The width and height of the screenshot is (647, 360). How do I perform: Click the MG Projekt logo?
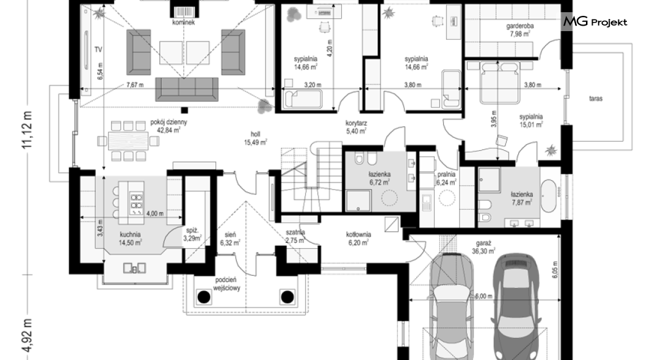coord(595,21)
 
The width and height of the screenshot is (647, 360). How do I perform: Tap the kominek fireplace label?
coord(184,22)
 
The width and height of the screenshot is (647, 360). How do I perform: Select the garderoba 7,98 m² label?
coord(520,30)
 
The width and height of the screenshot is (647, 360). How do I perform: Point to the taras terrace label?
coord(595,99)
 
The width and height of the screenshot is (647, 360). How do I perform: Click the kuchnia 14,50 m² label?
coord(131,239)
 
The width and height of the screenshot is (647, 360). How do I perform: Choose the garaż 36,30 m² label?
coord(483,247)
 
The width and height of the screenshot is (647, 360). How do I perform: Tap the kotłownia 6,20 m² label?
coord(358,239)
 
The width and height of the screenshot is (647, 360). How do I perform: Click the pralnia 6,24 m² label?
coord(446,178)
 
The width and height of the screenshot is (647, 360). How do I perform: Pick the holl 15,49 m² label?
coord(255,138)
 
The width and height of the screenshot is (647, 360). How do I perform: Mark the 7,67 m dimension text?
coord(135,85)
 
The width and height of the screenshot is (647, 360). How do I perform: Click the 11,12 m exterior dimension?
coord(27,129)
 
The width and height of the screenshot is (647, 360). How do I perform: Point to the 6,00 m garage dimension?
coord(483,296)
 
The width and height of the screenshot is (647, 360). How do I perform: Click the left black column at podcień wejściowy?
coord(203,297)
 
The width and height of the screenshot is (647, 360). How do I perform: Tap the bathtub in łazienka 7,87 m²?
coord(549,195)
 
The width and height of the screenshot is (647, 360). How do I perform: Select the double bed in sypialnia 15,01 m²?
coord(499,82)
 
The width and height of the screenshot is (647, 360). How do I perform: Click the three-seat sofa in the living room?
coord(187,89)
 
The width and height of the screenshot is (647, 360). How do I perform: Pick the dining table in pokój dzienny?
coord(128,141)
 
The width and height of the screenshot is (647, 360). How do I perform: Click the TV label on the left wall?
coord(98,50)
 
